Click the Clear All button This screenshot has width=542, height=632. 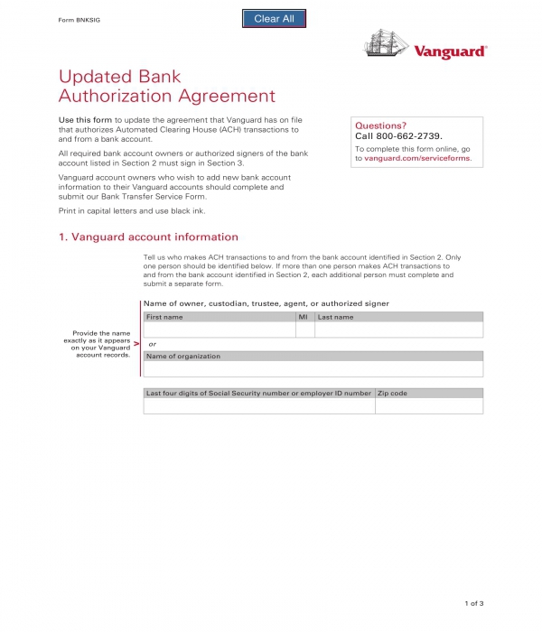point(274,19)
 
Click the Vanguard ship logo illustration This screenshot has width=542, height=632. point(386,43)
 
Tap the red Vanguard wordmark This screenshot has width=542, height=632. point(450,52)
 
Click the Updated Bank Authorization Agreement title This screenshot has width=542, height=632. point(166,86)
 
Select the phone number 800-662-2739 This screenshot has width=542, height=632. point(416,136)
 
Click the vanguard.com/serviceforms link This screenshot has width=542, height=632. point(417,158)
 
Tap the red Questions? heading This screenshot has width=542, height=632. point(380,125)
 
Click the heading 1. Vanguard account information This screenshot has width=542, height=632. point(148,237)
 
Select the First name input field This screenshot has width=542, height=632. point(219,330)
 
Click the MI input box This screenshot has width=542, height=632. point(304,330)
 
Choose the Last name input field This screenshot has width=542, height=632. point(398,330)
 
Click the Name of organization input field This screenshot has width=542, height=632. point(313,369)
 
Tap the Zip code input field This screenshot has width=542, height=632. point(428,406)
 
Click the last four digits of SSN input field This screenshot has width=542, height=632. point(258,406)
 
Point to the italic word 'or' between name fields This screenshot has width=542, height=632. point(153,344)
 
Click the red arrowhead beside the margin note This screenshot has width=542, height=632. point(136,344)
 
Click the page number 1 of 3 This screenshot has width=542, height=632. point(474,602)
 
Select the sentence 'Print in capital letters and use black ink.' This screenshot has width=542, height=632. point(132,210)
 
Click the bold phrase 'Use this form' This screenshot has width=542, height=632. point(85,120)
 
